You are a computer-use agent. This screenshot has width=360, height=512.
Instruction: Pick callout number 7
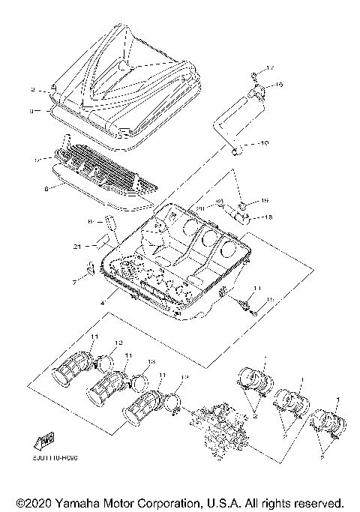[74, 283]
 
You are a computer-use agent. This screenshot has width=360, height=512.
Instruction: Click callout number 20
[200, 208]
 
